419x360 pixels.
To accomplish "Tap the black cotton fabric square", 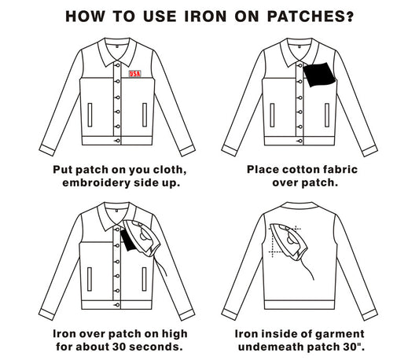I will pos(318,75).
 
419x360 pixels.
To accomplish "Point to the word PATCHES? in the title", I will pos(312,16).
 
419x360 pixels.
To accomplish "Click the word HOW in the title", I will pos(86,16).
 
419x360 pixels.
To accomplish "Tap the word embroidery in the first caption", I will pos(101,183).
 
